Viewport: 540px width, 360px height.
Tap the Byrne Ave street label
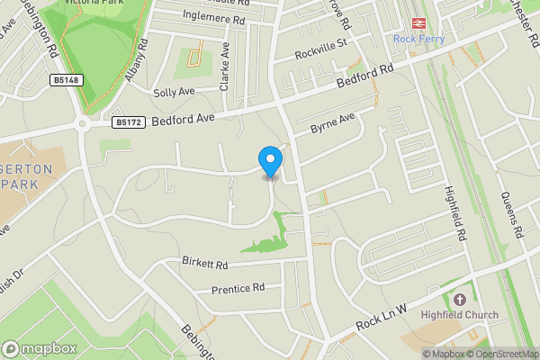(333, 123)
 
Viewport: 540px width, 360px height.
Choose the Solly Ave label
(174, 92)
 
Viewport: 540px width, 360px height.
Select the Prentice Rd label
(238, 289)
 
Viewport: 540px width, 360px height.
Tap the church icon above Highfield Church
(460, 300)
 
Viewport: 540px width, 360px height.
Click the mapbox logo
(39, 348)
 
